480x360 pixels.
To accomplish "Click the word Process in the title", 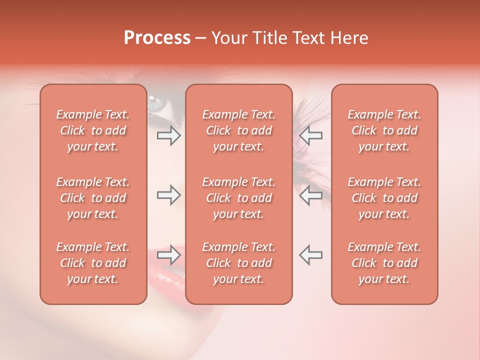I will (157, 38).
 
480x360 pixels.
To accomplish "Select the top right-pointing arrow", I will (168, 135).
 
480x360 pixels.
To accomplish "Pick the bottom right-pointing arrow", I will (168, 255).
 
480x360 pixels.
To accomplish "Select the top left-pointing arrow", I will (310, 135).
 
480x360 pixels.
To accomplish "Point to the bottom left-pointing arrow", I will (310, 255).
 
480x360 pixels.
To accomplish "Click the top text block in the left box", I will (93, 130).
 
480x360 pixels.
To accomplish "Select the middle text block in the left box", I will (93, 198).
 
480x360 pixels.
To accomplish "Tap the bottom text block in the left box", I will (93, 263).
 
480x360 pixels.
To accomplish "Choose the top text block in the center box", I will (239, 130).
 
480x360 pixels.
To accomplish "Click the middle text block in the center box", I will (239, 198).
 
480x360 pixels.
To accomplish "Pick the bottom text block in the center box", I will (239, 263).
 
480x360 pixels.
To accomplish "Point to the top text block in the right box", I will (384, 130).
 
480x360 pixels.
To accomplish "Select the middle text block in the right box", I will (384, 198).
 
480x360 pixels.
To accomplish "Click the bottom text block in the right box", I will (384, 263).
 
